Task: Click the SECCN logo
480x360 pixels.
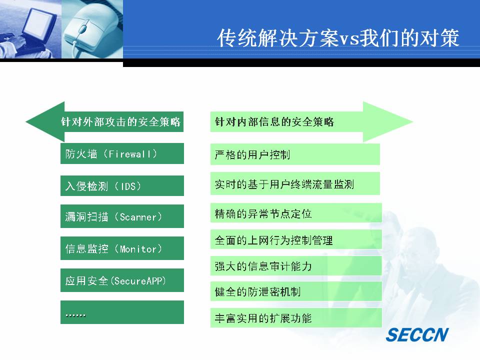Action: [417, 334]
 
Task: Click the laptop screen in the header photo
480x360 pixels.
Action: [38, 24]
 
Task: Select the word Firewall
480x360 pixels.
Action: [129, 153]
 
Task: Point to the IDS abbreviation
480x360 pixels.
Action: [128, 186]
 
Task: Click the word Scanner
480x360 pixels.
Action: [138, 217]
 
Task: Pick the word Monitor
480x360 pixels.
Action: [138, 249]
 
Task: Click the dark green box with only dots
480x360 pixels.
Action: [122, 312]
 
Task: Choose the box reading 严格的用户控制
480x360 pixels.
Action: [295, 154]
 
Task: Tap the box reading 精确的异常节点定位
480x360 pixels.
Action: [296, 213]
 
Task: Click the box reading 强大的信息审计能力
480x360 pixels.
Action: [296, 265]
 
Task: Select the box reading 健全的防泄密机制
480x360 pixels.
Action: [296, 291]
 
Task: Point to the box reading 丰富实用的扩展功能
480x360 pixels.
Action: [296, 318]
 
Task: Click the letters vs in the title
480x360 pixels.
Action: [348, 39]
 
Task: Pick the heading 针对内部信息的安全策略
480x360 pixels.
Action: [274, 122]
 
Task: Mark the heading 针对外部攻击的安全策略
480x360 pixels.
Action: [120, 122]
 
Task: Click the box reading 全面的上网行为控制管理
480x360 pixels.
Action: [296, 239]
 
